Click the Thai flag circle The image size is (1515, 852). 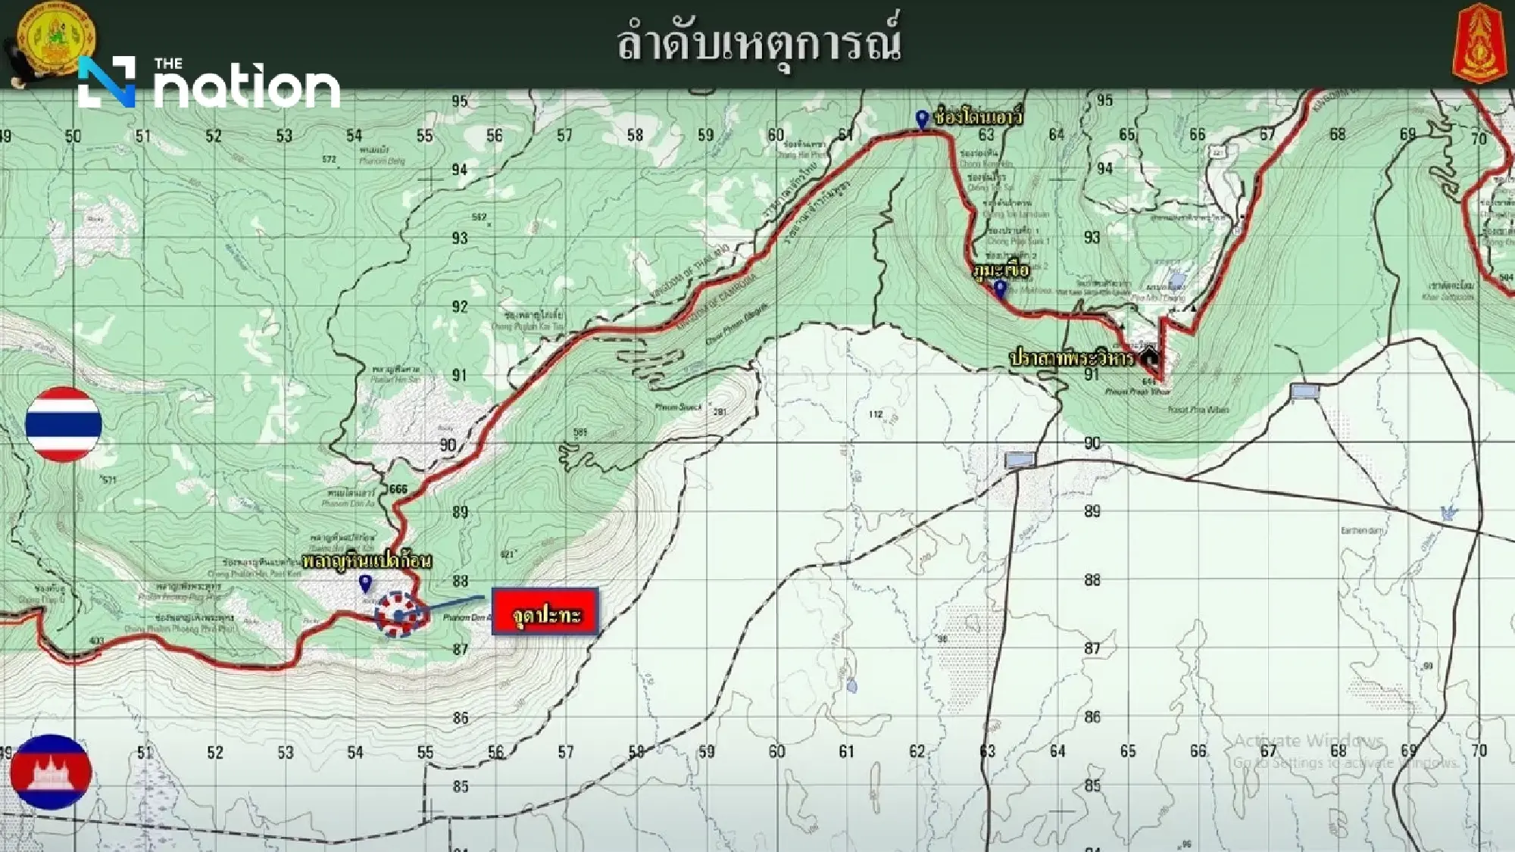tap(64, 424)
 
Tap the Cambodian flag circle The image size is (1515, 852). tap(51, 772)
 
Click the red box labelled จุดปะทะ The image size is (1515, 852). tap(545, 612)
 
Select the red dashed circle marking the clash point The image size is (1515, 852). tap(399, 614)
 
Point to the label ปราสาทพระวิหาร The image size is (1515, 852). tap(1072, 358)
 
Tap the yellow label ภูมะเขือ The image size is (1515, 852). tap(1001, 270)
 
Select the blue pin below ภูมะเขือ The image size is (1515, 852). tap(1000, 289)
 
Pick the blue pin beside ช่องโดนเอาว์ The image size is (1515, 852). tap(922, 119)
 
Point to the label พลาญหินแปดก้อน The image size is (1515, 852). tap(367, 561)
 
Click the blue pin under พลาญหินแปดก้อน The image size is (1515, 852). tap(365, 583)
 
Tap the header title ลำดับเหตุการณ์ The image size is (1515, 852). tap(758, 44)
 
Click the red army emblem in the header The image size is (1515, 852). tap(1480, 42)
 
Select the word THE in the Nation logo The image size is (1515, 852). tap(168, 64)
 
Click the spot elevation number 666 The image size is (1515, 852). tap(398, 489)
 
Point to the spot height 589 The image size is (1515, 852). tap(580, 433)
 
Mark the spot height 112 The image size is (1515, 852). tap(876, 414)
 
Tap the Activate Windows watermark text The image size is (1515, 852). tap(1308, 740)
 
